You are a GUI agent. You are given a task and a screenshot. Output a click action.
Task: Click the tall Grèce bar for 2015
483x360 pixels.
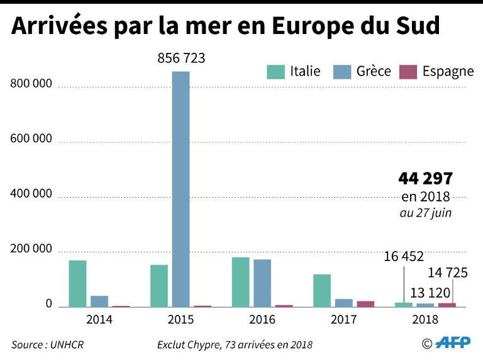pyautogui.click(x=180, y=189)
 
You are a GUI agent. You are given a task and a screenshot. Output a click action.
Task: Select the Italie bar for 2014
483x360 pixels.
pyautogui.click(x=77, y=283)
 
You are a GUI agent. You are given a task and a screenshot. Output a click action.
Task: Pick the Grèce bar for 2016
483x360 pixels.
pyautogui.click(x=262, y=283)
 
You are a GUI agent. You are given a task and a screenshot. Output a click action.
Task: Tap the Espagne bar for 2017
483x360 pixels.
pyautogui.click(x=365, y=304)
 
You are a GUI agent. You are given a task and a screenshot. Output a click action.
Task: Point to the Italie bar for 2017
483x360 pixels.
pyautogui.click(x=322, y=291)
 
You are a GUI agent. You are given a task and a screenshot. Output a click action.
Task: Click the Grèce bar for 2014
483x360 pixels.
pyautogui.click(x=99, y=301)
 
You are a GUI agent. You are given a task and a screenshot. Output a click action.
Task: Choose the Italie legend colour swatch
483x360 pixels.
pyautogui.click(x=275, y=71)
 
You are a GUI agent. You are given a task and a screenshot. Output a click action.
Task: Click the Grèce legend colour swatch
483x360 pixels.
pyautogui.click(x=342, y=71)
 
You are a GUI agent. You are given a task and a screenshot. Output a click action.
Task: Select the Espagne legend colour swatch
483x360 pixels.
pyautogui.click(x=408, y=71)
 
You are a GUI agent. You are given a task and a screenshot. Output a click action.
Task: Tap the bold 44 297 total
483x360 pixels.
pyautogui.click(x=426, y=179)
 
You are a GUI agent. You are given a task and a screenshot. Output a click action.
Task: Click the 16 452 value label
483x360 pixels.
pyautogui.click(x=403, y=256)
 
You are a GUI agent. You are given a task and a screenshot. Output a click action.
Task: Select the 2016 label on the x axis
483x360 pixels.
pyautogui.click(x=262, y=319)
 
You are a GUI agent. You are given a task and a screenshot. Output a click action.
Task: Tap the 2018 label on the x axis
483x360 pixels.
pyautogui.click(x=426, y=319)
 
